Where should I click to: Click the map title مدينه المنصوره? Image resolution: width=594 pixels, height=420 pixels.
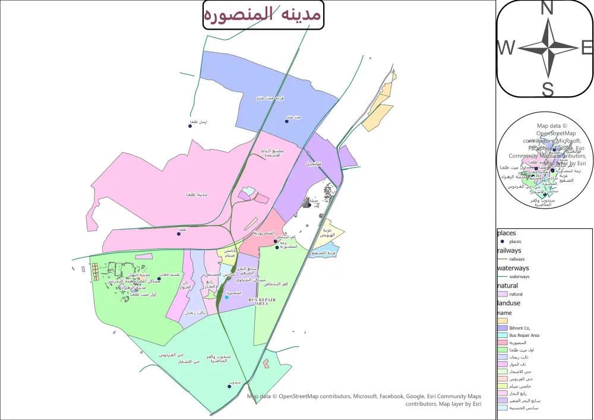pyautogui.click(x=263, y=15)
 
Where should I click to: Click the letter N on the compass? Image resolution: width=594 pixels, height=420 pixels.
pyautogui.click(x=547, y=8)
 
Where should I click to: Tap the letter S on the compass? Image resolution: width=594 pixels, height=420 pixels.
pyautogui.click(x=548, y=89)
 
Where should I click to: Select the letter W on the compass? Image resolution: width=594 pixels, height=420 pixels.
pyautogui.click(x=506, y=48)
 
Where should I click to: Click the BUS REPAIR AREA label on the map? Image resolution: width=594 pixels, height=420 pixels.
pyautogui.click(x=263, y=302)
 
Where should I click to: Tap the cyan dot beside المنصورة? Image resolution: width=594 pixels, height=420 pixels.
pyautogui.click(x=227, y=297)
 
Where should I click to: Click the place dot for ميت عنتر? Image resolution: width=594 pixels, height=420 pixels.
pyautogui.click(x=286, y=121)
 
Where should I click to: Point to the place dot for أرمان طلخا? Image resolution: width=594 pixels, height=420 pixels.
pyautogui.click(x=190, y=126)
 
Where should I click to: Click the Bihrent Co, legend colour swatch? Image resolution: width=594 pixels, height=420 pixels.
pyautogui.click(x=503, y=328)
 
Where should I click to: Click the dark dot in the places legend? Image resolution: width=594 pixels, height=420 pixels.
pyautogui.click(x=503, y=242)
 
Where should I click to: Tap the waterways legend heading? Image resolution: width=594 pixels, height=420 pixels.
pyautogui.click(x=512, y=269)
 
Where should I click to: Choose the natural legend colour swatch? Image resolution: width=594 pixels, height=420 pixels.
pyautogui.click(x=503, y=294)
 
